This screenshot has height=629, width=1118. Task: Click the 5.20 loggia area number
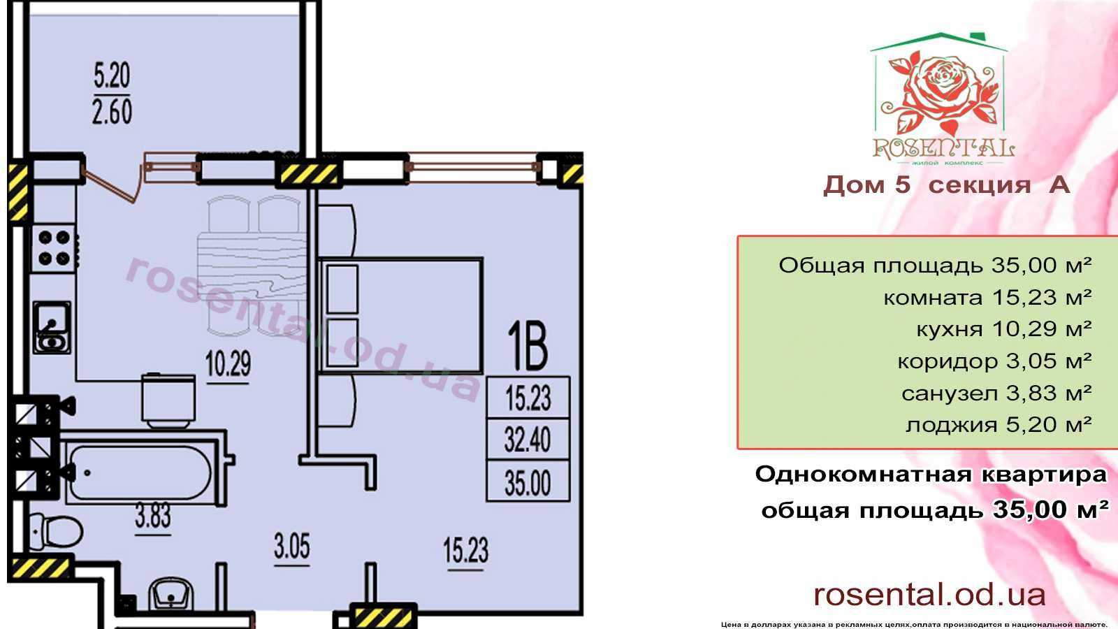point(112,76)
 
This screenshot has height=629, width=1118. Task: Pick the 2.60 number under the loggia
point(112,111)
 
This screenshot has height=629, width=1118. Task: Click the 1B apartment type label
point(528,345)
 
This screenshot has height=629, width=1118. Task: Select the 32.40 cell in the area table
point(528,440)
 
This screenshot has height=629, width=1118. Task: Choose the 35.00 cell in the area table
point(528,482)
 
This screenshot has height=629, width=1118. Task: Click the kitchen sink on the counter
point(52,327)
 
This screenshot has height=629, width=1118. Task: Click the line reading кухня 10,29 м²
point(1003,329)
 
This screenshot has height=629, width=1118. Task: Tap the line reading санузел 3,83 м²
point(996,393)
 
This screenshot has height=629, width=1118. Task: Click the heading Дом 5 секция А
point(946,185)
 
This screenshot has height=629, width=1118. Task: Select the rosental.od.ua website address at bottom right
point(929,595)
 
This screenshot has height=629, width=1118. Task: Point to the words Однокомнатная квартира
point(931,474)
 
